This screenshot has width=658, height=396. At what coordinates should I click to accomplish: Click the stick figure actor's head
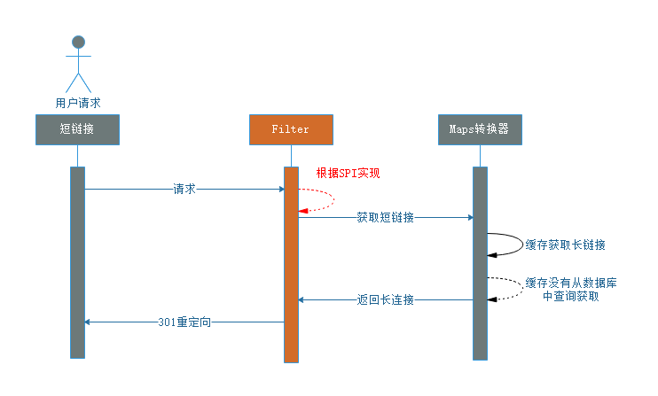(78, 42)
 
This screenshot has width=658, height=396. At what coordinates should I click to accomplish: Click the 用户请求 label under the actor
(78, 103)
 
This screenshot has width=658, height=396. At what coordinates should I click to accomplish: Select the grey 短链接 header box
(77, 129)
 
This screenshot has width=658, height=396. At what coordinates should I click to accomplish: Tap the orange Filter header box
(291, 129)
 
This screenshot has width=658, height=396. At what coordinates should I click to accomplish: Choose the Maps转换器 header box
(480, 129)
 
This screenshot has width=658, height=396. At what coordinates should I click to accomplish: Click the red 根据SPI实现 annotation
(348, 173)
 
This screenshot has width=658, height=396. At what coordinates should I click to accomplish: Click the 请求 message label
(184, 189)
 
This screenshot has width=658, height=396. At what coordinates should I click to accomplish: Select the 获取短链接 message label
(385, 217)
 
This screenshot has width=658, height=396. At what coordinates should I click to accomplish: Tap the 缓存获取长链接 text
(566, 245)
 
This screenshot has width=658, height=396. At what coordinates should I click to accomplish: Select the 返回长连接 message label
(386, 300)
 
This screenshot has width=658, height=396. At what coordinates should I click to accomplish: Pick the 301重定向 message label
(184, 322)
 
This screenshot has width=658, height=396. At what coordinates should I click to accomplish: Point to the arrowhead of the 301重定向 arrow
(89, 322)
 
